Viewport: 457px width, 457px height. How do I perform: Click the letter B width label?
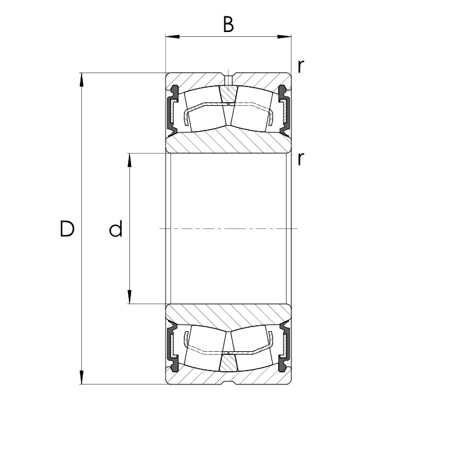point(228,24)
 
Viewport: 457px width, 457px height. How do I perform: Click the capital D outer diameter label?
point(67,228)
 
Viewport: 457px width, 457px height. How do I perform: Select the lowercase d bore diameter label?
point(115,228)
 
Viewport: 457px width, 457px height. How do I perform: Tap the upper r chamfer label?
point(301,66)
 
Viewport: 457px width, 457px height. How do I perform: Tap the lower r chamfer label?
point(301,159)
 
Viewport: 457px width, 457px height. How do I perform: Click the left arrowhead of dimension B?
point(172,37)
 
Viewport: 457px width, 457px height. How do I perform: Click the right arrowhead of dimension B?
point(284,37)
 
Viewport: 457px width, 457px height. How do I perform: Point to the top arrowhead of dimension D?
point(82,80)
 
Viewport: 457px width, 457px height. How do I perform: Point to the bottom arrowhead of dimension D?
point(82,377)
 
